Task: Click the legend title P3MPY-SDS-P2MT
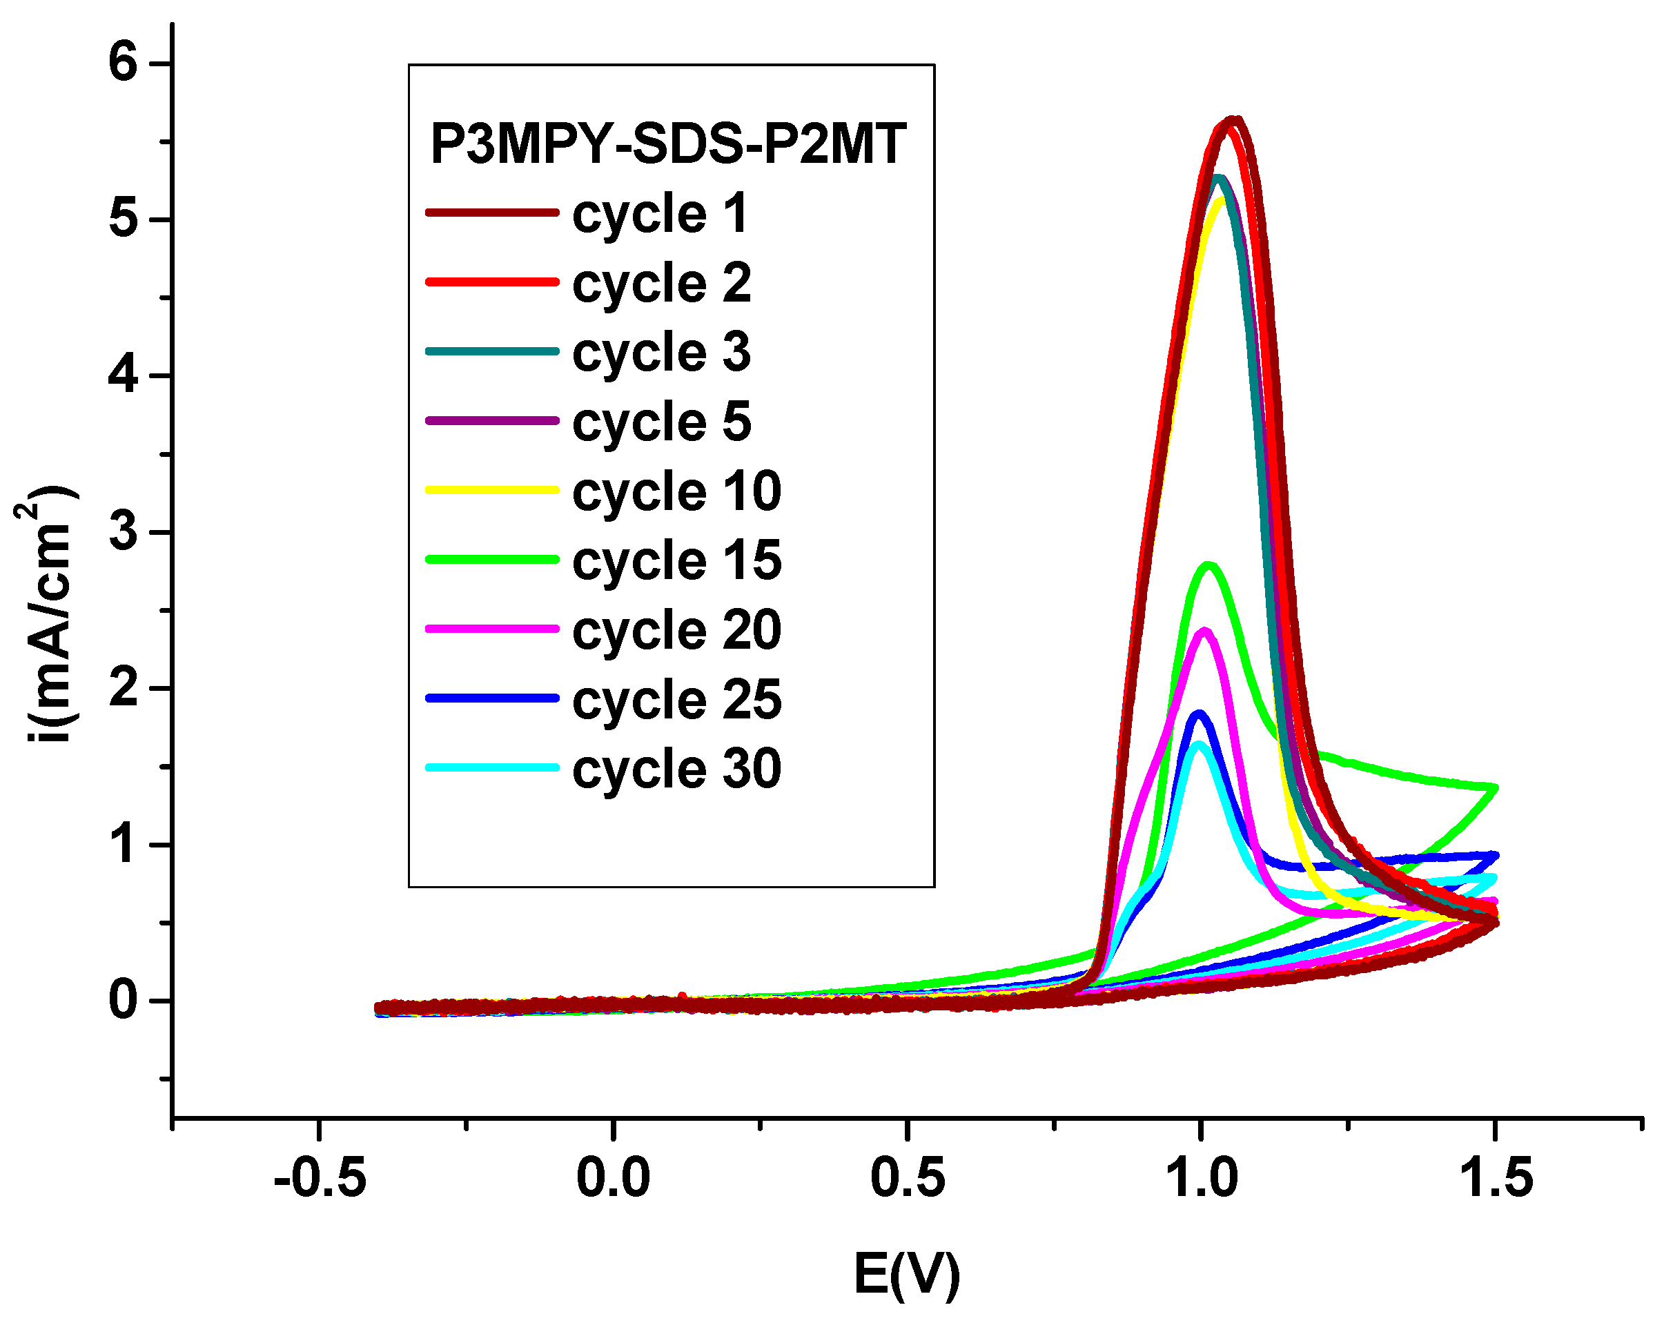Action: [x=667, y=144]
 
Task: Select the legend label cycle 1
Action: [x=660, y=214]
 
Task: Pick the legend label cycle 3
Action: [x=661, y=353]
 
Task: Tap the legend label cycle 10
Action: [x=677, y=491]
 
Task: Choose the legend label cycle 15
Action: [x=677, y=561]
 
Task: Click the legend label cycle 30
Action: [x=677, y=770]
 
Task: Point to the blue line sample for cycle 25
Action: [x=492, y=698]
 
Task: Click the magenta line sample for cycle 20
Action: [x=492, y=629]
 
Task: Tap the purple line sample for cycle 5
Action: [x=492, y=421]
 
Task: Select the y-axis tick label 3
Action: [x=124, y=532]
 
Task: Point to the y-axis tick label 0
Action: [x=124, y=1001]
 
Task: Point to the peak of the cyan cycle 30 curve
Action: [x=1200, y=744]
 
